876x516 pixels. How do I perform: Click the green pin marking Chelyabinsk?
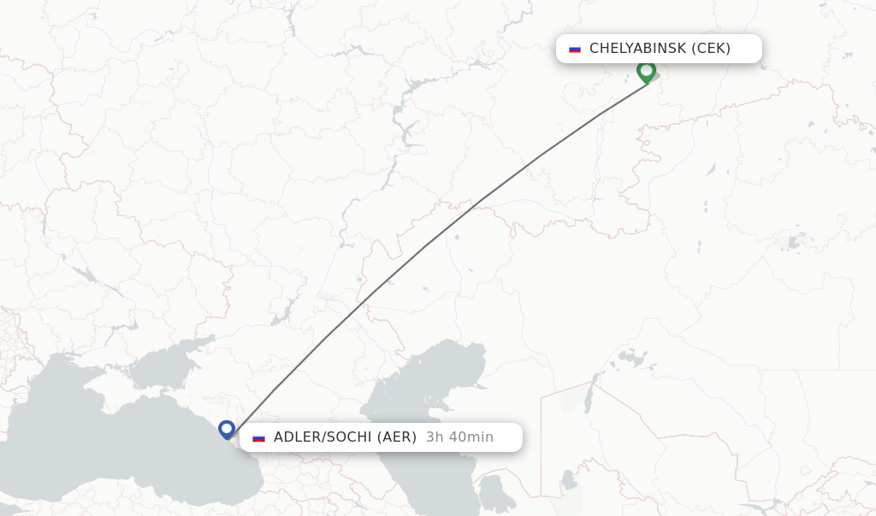[646, 70]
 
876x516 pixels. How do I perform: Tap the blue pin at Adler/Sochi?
[227, 428]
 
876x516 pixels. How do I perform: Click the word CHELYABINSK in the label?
[637, 49]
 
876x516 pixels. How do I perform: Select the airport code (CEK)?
[712, 49]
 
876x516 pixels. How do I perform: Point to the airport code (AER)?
[397, 437]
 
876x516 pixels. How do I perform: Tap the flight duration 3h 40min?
[459, 437]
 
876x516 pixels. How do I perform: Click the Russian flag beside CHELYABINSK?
[575, 49]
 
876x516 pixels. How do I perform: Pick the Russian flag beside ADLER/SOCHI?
[259, 437]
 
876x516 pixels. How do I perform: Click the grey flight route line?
[425, 247]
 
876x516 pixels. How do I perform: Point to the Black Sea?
[103, 427]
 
